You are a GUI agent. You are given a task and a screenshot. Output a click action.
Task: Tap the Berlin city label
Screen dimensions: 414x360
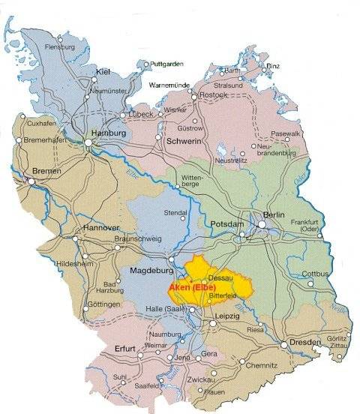coord(277,212)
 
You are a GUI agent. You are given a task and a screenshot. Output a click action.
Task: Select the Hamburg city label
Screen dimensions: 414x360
coord(106,133)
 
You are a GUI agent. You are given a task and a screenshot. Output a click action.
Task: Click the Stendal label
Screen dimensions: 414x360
coord(175,213)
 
